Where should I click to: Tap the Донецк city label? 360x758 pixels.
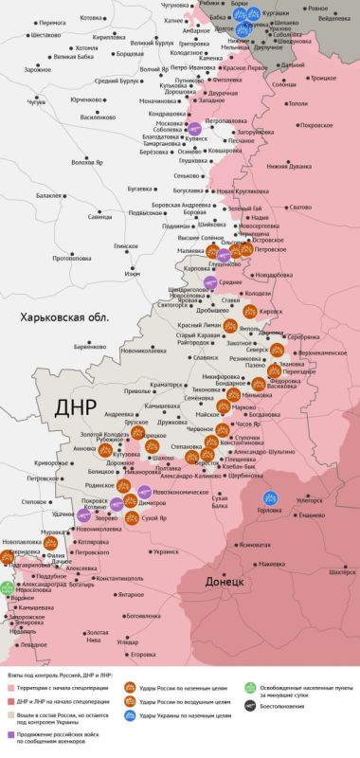point(225,580)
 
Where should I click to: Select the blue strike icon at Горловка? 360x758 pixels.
point(270,496)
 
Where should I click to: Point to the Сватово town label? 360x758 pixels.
point(300,208)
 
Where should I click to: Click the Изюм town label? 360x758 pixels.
point(132,274)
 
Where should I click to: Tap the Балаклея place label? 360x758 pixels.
point(48,196)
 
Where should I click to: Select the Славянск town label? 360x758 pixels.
point(205,357)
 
